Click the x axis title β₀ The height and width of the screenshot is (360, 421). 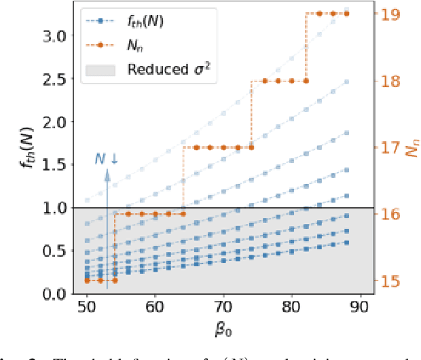tap(223, 331)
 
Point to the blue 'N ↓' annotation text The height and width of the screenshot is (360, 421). tap(105, 160)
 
